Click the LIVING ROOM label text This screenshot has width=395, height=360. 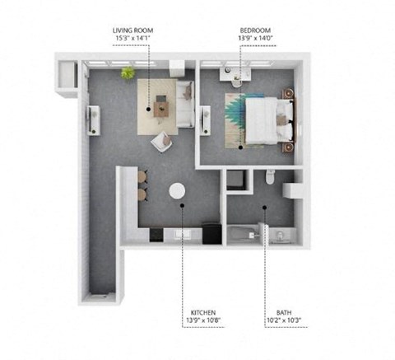[x=132, y=30]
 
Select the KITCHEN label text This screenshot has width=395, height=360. [x=202, y=313]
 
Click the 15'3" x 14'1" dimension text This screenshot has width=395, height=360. [x=132, y=39]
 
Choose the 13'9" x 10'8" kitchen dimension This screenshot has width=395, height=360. [x=202, y=321]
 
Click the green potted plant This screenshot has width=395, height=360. [x=128, y=73]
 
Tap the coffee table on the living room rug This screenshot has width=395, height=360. [x=160, y=105]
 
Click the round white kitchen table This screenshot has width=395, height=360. [x=178, y=191]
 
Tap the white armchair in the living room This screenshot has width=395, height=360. [x=162, y=141]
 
